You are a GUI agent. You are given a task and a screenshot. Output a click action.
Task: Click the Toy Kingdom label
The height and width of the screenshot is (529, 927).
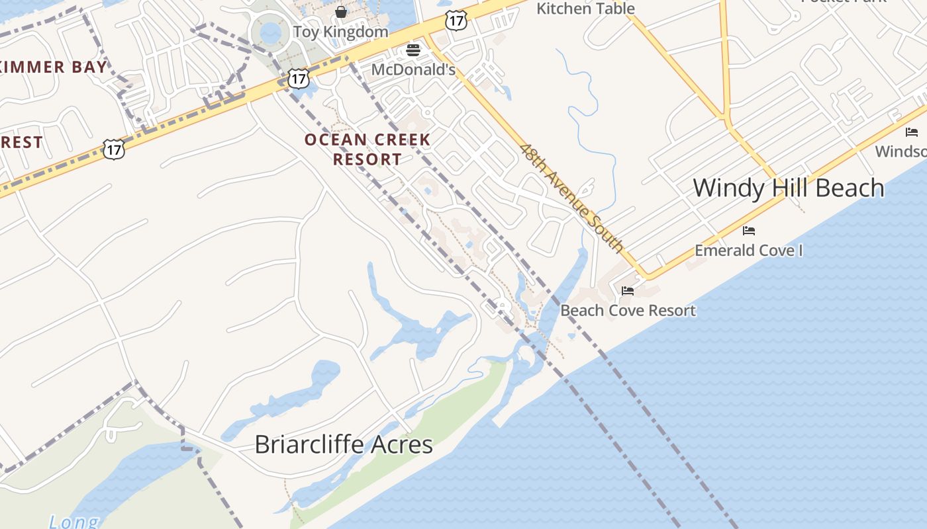tap(340, 32)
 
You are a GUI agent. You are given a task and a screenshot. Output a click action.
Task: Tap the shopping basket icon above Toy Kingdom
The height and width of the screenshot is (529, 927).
tap(341, 12)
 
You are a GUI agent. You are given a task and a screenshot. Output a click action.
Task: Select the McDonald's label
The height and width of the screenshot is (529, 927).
tap(413, 69)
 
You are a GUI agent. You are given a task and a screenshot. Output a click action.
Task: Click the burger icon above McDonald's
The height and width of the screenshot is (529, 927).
tap(414, 50)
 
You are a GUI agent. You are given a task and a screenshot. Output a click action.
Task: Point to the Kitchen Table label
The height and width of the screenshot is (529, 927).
tap(585, 9)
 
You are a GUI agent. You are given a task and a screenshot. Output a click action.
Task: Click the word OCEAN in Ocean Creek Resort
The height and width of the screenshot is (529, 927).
tap(334, 140)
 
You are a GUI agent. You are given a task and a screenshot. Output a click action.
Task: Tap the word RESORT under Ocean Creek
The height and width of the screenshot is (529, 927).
tap(367, 159)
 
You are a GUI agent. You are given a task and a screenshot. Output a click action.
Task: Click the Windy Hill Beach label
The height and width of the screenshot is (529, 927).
tap(788, 188)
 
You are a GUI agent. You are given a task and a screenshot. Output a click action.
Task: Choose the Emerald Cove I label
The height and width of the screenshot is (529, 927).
tap(748, 250)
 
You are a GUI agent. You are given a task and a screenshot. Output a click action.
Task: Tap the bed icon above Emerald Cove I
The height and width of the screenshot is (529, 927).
tap(749, 231)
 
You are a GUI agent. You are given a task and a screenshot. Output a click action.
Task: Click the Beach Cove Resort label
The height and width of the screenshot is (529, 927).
tap(628, 310)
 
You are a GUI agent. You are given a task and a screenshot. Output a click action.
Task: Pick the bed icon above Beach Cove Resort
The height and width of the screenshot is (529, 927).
tap(628, 291)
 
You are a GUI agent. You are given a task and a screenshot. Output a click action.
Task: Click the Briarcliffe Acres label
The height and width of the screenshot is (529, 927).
tap(344, 444)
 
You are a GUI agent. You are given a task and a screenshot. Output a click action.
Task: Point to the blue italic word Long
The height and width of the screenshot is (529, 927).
tap(73, 522)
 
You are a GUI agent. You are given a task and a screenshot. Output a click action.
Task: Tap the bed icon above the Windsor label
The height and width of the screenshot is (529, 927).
tap(912, 132)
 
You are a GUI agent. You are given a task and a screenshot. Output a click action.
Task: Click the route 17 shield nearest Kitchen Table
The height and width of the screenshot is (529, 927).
tap(456, 20)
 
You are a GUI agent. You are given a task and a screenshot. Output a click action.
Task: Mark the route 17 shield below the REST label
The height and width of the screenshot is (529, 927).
tap(114, 149)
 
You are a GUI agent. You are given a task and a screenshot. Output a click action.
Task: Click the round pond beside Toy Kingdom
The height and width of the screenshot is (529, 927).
tap(271, 32)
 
